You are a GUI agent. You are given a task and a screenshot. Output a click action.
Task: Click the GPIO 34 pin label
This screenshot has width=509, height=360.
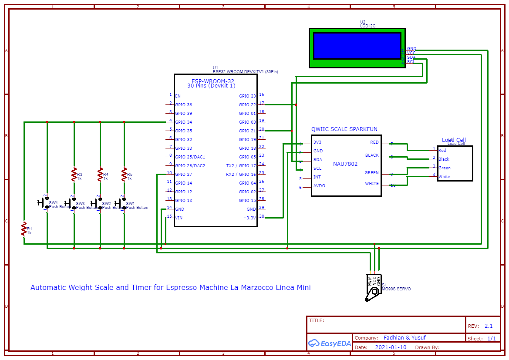(183, 122)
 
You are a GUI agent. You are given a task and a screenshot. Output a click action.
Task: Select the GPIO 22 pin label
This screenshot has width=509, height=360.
(247, 105)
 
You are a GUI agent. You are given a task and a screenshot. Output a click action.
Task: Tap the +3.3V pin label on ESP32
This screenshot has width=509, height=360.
(249, 218)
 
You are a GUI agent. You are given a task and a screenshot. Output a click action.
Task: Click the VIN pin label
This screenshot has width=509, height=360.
(179, 218)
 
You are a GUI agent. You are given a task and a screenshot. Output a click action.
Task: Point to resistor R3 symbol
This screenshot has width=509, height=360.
(74, 175)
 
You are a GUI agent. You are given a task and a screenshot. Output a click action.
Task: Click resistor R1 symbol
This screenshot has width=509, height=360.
(24, 229)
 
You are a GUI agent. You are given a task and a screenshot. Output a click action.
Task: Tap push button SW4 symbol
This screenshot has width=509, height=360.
(44, 203)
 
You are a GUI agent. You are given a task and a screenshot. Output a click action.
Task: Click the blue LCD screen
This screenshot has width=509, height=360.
(357, 46)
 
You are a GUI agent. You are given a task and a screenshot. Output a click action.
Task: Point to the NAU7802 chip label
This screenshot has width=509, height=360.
(345, 164)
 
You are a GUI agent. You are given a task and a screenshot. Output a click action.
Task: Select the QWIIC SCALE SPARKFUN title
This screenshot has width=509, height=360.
(344, 129)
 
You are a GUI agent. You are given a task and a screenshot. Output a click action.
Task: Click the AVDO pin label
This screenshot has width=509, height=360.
(319, 186)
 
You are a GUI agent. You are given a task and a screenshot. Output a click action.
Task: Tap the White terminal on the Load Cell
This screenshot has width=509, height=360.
(444, 177)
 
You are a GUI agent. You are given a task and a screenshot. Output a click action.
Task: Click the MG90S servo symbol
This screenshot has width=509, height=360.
(373, 287)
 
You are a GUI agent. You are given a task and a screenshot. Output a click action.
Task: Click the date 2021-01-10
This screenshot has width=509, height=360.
(391, 347)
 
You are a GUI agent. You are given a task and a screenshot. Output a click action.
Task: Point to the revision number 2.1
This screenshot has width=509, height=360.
(489, 326)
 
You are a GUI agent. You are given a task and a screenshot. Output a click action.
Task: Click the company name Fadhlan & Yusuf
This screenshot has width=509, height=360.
(405, 338)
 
